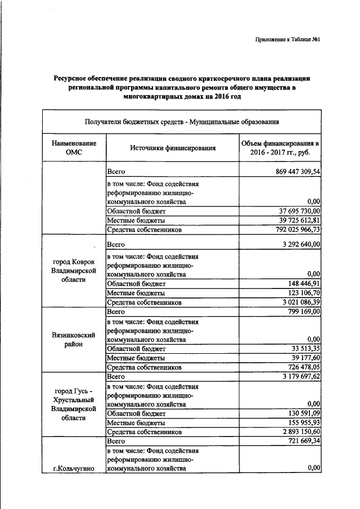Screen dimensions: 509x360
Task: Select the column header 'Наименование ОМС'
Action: tap(74, 148)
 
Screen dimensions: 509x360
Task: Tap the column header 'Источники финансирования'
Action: tap(173, 148)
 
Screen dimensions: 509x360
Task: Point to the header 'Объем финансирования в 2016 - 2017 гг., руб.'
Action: tap(280, 148)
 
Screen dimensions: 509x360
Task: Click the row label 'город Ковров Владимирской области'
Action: tap(74, 271)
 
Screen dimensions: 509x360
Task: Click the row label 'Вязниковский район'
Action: tap(74, 339)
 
